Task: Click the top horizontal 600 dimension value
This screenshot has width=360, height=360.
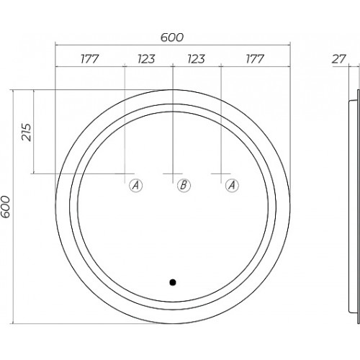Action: [172, 37]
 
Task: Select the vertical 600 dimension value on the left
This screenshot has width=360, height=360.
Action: [6, 207]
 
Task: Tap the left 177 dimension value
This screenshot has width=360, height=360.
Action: [89, 59]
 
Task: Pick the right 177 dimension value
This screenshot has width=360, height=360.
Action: [255, 59]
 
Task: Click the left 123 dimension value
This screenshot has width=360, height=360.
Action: [146, 59]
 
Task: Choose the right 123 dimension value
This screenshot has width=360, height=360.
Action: [197, 59]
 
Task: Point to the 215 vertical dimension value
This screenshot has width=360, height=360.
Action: [27, 132]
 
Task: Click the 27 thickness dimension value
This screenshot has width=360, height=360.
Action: [339, 59]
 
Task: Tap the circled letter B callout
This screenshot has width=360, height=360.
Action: [184, 185]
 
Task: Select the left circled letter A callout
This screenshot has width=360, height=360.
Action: [135, 185]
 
